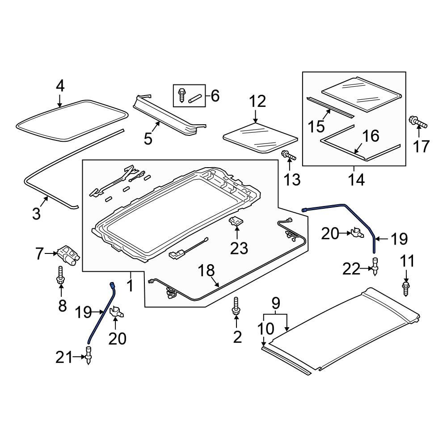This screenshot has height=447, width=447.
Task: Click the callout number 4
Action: [60, 85]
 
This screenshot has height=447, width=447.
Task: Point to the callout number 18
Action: [207, 270]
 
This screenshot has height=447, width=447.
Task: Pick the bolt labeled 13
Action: [288, 156]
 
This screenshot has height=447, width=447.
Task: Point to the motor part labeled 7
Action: [68, 254]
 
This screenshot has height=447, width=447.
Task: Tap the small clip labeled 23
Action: [237, 221]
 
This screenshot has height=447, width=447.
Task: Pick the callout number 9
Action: [276, 304]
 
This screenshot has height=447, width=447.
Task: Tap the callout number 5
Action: [148, 139]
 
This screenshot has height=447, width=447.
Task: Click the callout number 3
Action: [36, 213]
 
